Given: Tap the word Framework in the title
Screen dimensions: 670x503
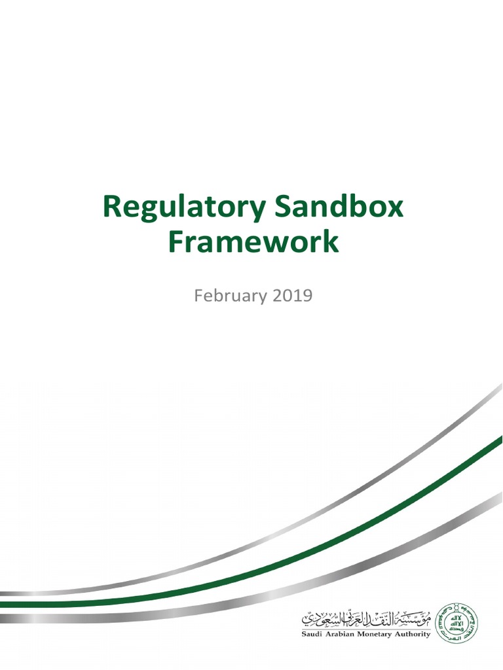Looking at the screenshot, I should click(253, 242).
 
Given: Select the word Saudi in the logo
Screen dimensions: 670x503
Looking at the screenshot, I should click(311, 634).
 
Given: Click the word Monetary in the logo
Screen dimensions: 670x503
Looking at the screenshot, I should click(381, 634).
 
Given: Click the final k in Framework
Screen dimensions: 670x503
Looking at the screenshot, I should click(331, 242).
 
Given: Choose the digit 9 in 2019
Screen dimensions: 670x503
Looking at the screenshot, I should click(307, 296).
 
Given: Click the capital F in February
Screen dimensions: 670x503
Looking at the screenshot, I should click(198, 296).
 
